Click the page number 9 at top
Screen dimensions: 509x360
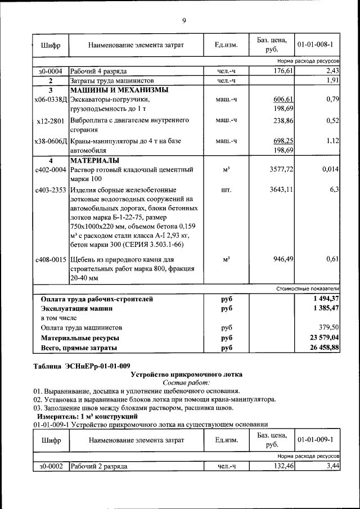click(x=183, y=21)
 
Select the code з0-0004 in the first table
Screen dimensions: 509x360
click(x=50, y=71)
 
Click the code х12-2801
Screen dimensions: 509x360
click(x=50, y=120)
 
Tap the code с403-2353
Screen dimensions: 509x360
click(x=50, y=190)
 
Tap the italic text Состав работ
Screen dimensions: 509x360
click(x=186, y=382)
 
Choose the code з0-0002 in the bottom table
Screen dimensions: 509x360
click(x=50, y=467)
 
